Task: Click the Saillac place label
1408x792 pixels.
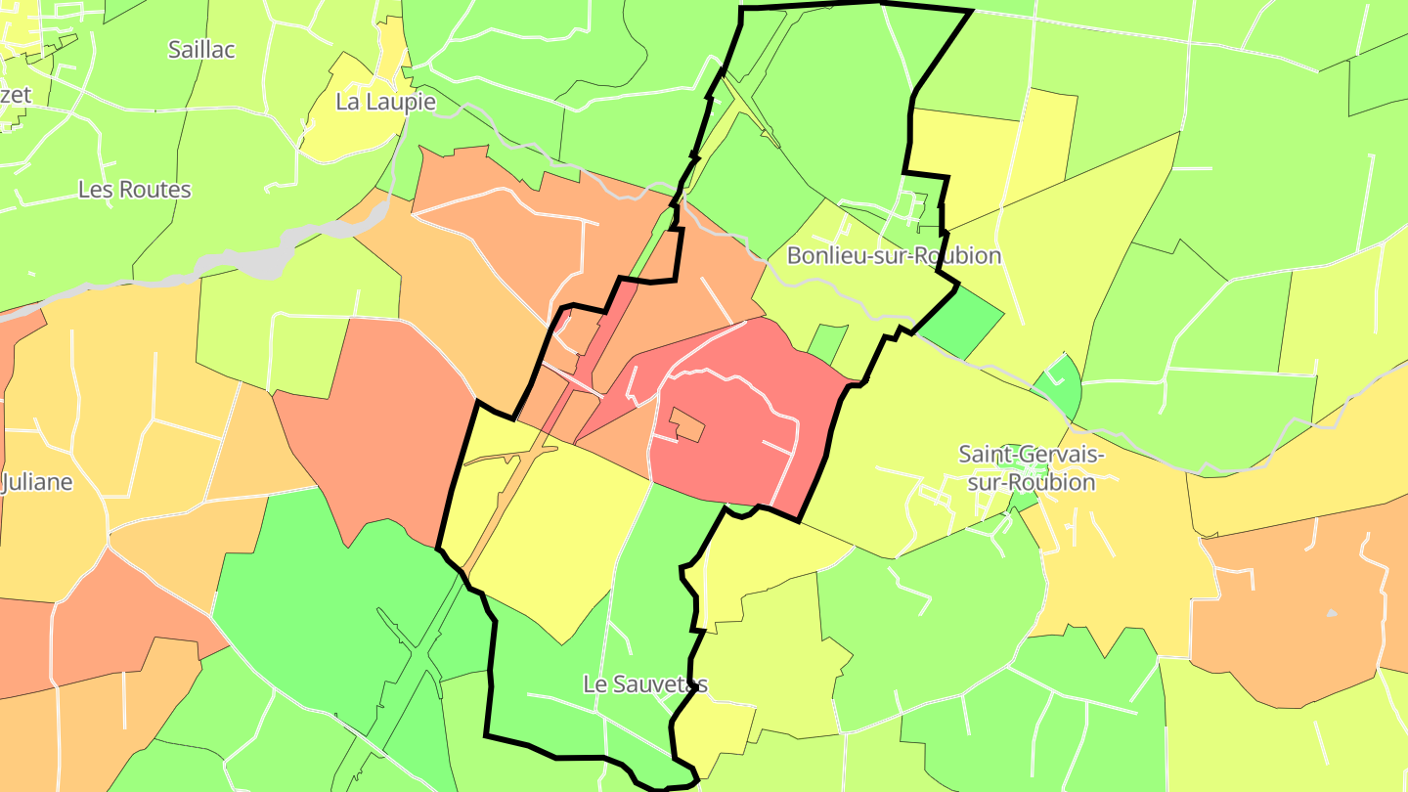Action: (201, 49)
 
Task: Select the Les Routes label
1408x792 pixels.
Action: (135, 189)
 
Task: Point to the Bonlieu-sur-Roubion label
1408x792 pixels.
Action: (894, 255)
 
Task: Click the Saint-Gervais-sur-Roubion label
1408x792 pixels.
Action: (1031, 467)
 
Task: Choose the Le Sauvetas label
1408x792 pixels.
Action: (644, 683)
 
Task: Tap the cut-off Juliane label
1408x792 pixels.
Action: (37, 482)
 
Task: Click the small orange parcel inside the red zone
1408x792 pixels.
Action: (687, 424)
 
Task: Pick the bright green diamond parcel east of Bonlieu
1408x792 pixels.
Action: (962, 323)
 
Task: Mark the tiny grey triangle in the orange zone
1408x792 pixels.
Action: (1331, 613)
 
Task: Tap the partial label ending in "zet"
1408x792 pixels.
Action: (16, 95)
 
